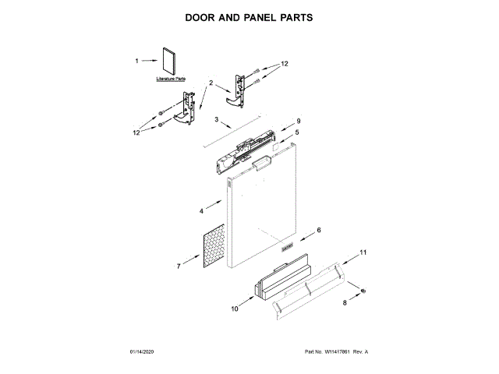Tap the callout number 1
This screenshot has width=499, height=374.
[x=137, y=60]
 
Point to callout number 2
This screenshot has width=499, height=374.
[x=210, y=82]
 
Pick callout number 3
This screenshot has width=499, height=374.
[x=218, y=119]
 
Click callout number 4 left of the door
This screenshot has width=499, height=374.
[x=200, y=210]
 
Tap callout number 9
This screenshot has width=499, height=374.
[x=297, y=122]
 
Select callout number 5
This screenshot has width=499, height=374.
[x=296, y=132]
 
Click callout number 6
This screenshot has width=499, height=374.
[x=317, y=231]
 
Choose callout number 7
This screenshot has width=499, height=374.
[x=179, y=266]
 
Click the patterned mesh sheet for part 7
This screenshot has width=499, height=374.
[x=212, y=247]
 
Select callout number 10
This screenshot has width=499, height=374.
[x=235, y=309]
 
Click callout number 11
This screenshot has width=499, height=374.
[x=362, y=252]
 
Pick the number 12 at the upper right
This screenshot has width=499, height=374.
[x=285, y=63]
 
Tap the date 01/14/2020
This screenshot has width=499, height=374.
[x=143, y=351]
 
